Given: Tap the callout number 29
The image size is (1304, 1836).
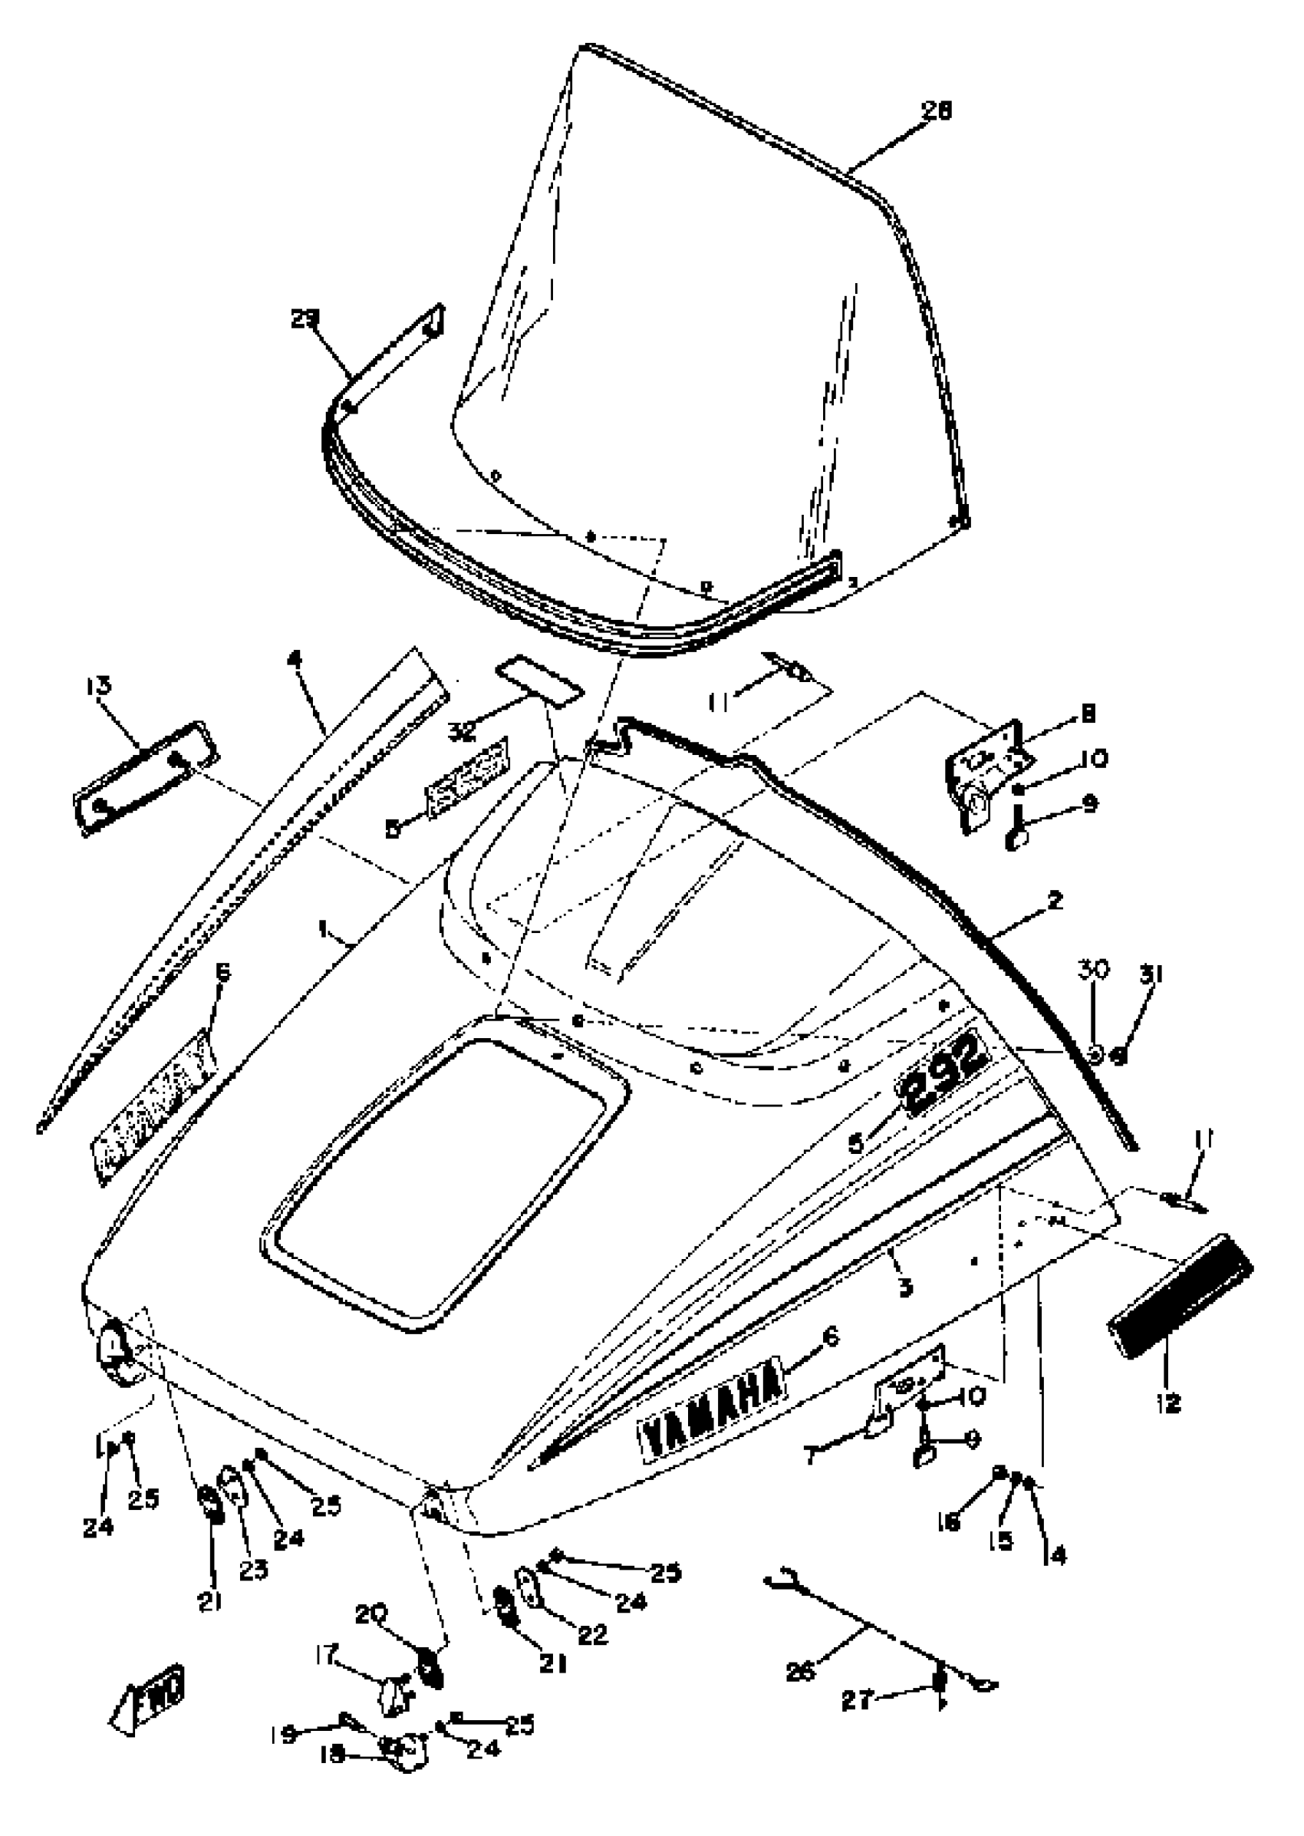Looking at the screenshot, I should pyautogui.click(x=305, y=320).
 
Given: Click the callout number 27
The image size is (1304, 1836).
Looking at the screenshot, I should pyautogui.click(x=856, y=1699).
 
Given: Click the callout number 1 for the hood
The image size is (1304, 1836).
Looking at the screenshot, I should pyautogui.click(x=323, y=928).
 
